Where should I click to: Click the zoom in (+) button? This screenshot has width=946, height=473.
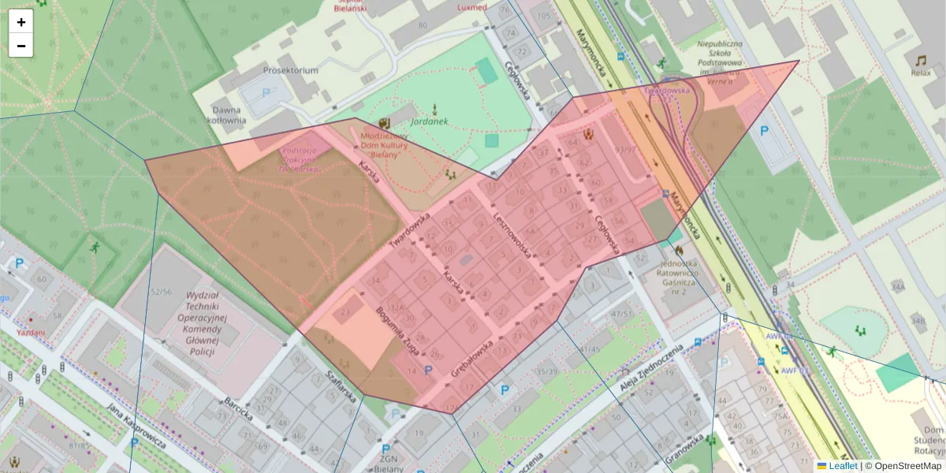pos(21,22)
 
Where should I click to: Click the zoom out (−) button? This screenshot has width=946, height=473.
pos(21,46)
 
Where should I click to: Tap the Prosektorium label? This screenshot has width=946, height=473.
pos(292,70)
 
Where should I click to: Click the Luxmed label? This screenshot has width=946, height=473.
pos(471,7)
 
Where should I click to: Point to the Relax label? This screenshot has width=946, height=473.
pos(920,73)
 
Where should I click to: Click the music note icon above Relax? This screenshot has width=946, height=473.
pos(920,60)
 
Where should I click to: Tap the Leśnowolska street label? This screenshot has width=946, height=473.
pos(512,234)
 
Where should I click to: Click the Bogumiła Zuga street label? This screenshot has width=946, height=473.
pos(401,330)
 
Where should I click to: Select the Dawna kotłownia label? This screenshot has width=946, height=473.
pos(229,115)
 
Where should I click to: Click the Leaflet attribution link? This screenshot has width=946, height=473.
pos(843,466)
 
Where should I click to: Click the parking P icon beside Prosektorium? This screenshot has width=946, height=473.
pos(266,92)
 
